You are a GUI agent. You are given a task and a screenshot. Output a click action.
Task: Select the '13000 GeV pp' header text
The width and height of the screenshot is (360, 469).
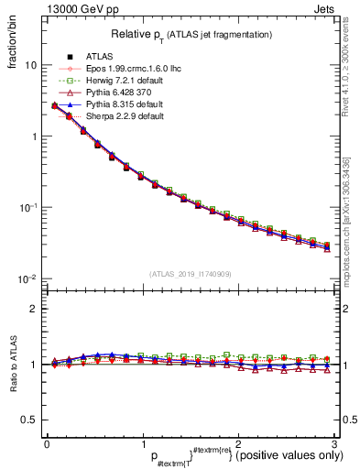click(54, 7)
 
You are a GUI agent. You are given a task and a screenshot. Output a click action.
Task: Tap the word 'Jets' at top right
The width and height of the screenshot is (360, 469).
click(326, 7)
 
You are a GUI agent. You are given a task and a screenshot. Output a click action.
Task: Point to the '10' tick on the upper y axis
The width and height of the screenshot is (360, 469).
click(30, 66)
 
